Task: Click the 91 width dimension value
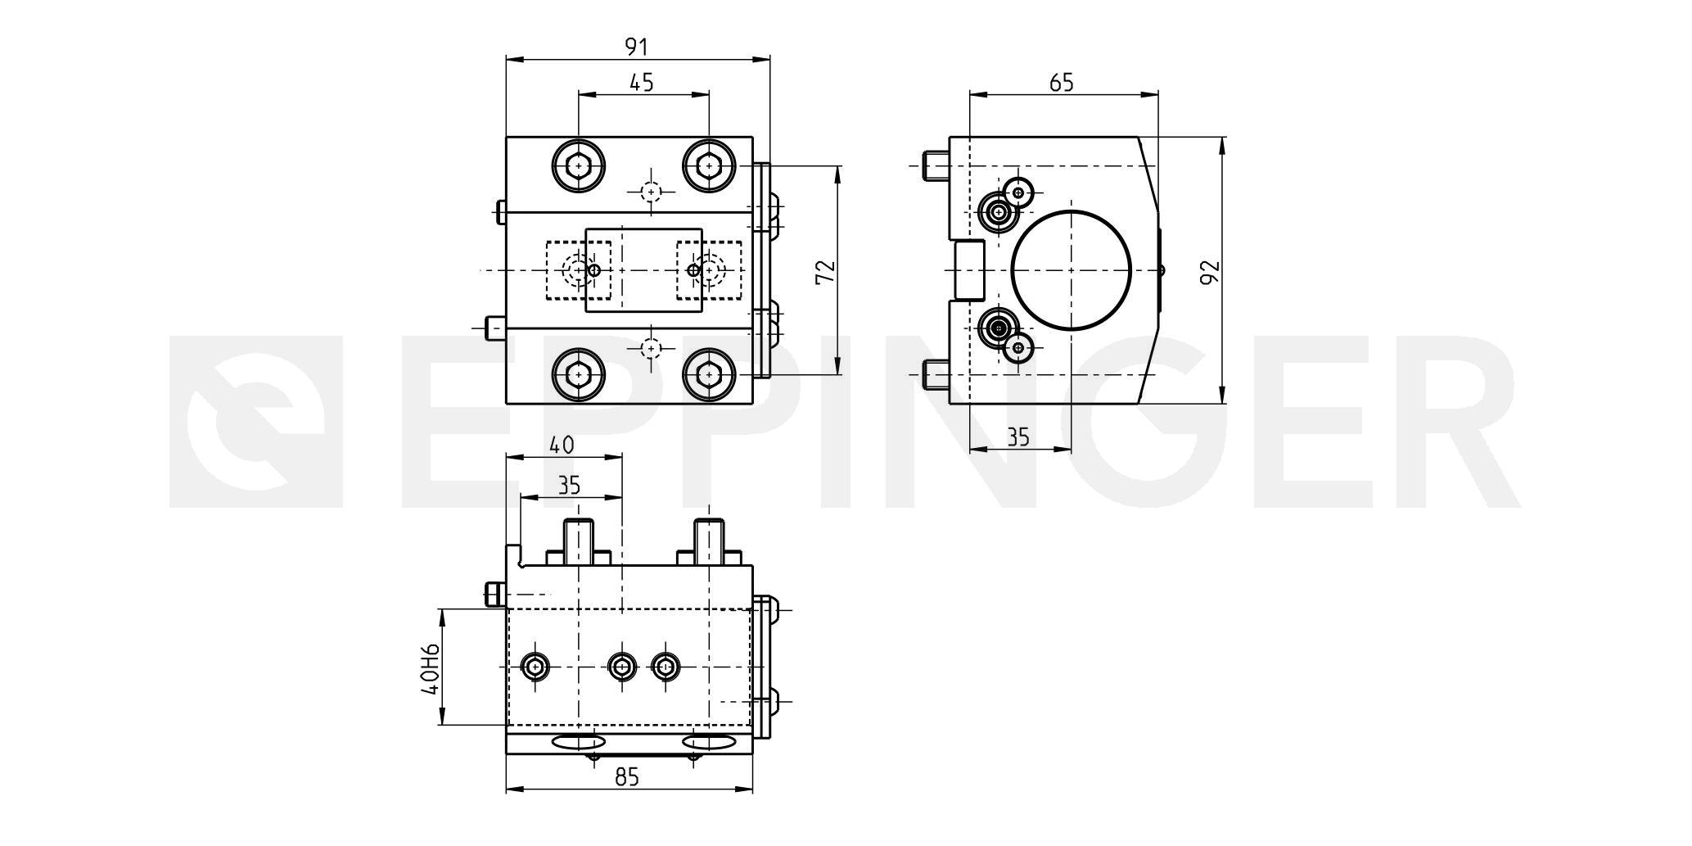636,47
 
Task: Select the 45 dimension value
642,83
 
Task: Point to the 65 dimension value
1061,82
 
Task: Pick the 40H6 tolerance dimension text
431,667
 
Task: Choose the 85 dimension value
626,776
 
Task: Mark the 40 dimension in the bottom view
562,445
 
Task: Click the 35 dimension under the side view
1017,437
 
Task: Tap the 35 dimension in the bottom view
568,486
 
